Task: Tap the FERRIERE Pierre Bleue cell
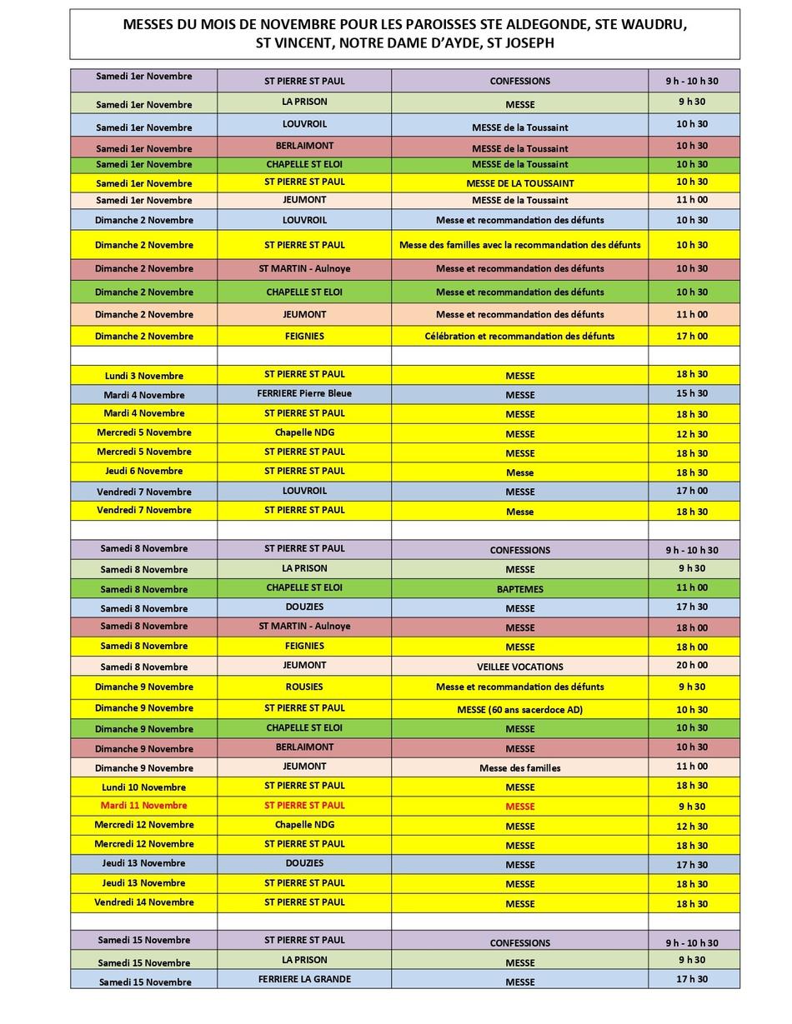(x=304, y=393)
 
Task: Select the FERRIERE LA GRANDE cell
(x=304, y=979)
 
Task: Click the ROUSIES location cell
(x=304, y=687)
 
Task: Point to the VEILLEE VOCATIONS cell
(x=519, y=667)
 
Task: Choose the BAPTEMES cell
(x=519, y=589)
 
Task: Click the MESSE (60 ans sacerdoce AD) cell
(x=519, y=710)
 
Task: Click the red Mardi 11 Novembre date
(x=143, y=806)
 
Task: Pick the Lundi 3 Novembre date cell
(x=143, y=376)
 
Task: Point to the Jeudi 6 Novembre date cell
(x=143, y=472)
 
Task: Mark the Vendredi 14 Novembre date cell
(x=143, y=902)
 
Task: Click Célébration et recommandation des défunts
(x=519, y=337)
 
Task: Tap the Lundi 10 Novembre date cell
(x=143, y=787)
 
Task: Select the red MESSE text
(x=519, y=807)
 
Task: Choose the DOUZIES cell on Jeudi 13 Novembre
(x=304, y=863)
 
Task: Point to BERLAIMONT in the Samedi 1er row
(x=304, y=146)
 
